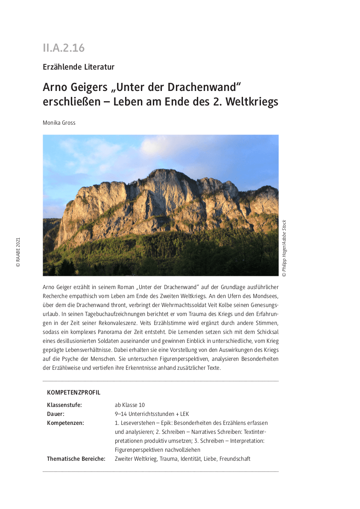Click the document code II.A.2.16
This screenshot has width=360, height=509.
pos(64,48)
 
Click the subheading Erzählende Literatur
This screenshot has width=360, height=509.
pos(79,67)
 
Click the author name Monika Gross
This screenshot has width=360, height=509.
pos(59,123)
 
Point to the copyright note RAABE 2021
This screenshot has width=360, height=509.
pos(18,252)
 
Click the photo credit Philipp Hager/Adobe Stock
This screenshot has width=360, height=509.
pos(284,248)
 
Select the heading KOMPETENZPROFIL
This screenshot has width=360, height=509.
pos(73,392)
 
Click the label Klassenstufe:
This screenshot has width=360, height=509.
pos(64,405)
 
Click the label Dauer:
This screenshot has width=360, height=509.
pos(56,414)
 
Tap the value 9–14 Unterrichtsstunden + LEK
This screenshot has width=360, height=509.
pos(152,414)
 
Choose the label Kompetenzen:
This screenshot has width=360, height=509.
pos(65,423)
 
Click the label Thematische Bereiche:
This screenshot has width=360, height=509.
pos(76,459)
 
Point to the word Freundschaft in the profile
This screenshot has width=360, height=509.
pos(234,459)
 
